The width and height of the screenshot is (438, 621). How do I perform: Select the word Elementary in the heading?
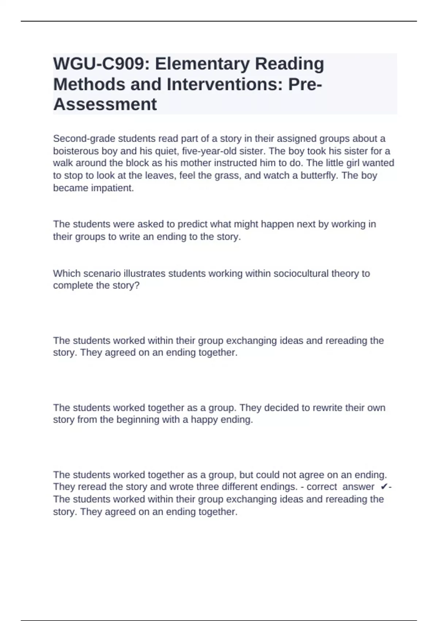(202, 64)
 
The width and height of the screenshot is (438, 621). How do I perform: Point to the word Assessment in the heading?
(105, 104)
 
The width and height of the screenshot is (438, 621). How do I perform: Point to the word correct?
(322, 487)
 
